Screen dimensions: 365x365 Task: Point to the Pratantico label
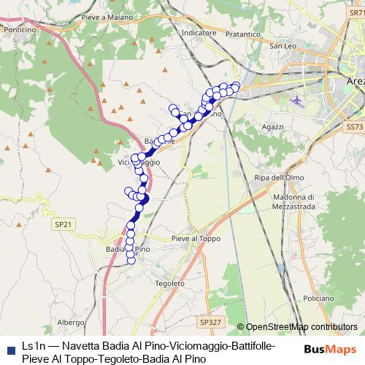(200, 114)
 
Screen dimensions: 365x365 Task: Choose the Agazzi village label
(272, 127)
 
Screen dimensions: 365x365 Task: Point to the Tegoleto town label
(169, 283)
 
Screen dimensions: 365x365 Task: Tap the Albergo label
(71, 322)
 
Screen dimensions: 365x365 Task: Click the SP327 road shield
(209, 321)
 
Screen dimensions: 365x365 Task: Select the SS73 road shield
(354, 126)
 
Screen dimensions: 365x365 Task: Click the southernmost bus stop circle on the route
(131, 260)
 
